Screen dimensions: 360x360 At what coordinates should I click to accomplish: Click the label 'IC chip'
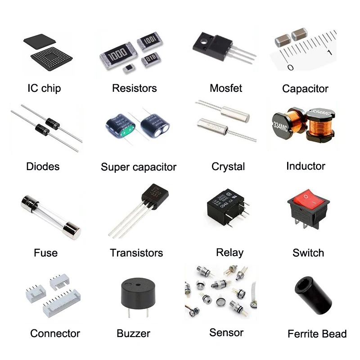pyautogui.click(x=44, y=88)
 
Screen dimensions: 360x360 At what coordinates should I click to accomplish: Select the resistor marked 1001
pyautogui.click(x=149, y=41)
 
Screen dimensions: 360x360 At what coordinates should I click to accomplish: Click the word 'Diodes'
pyautogui.click(x=43, y=166)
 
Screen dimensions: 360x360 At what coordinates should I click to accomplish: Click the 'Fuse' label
pyautogui.click(x=45, y=252)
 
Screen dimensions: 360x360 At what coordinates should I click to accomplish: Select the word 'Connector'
pyautogui.click(x=55, y=333)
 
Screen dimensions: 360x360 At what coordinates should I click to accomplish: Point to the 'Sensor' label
pyautogui.click(x=226, y=333)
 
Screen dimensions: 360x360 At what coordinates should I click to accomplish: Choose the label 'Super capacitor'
pyautogui.click(x=139, y=167)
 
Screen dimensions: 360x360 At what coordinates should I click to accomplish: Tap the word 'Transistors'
pyautogui.click(x=136, y=253)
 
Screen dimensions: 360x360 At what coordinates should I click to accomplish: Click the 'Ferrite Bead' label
pyautogui.click(x=317, y=334)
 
